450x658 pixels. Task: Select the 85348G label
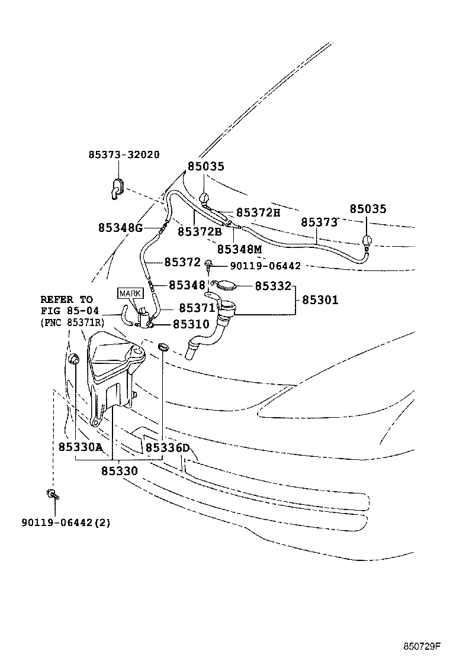click(121, 228)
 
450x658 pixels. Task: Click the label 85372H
click(258, 212)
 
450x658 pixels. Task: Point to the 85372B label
click(200, 232)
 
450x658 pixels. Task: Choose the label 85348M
click(239, 250)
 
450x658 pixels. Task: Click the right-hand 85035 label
click(368, 209)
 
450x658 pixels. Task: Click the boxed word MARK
click(130, 293)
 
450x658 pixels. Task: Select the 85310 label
click(191, 324)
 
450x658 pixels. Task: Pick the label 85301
click(320, 300)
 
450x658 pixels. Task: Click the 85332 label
click(273, 286)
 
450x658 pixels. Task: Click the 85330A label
click(81, 448)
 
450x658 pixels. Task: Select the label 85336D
click(167, 448)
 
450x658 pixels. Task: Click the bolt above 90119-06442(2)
click(52, 494)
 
